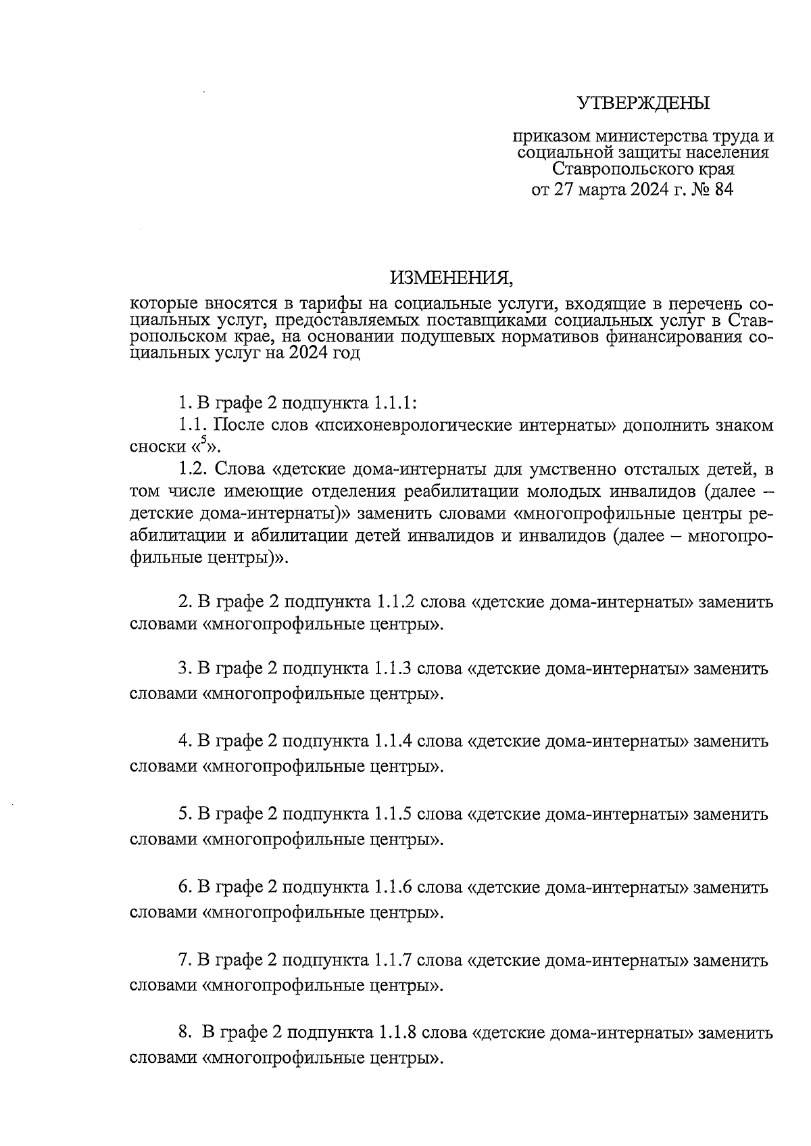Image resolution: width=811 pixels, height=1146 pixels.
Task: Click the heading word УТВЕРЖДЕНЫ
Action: point(643,103)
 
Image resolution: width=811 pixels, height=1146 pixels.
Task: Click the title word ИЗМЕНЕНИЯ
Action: point(447,278)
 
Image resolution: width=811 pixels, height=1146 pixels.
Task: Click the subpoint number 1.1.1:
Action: point(395,404)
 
